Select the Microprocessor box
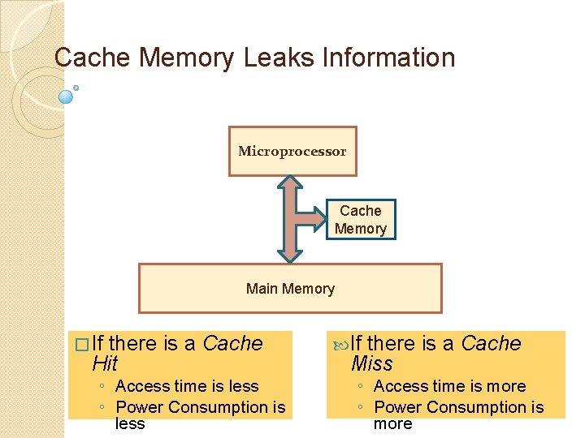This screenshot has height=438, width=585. [x=292, y=151]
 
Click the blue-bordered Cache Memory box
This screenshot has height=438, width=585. [x=360, y=220]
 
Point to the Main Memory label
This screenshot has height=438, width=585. [x=290, y=289]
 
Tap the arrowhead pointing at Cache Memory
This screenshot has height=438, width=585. [x=320, y=220]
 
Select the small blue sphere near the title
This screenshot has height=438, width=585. [x=67, y=97]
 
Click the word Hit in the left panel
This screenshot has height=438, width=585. [x=105, y=364]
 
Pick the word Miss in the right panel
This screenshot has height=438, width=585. [x=371, y=364]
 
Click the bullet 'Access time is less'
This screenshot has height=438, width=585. [x=187, y=386]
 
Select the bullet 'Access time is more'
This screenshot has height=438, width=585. [x=449, y=386]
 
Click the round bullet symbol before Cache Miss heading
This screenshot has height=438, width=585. [x=339, y=344]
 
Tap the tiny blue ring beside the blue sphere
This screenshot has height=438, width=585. [x=76, y=87]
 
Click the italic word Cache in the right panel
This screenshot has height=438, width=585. [x=491, y=343]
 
